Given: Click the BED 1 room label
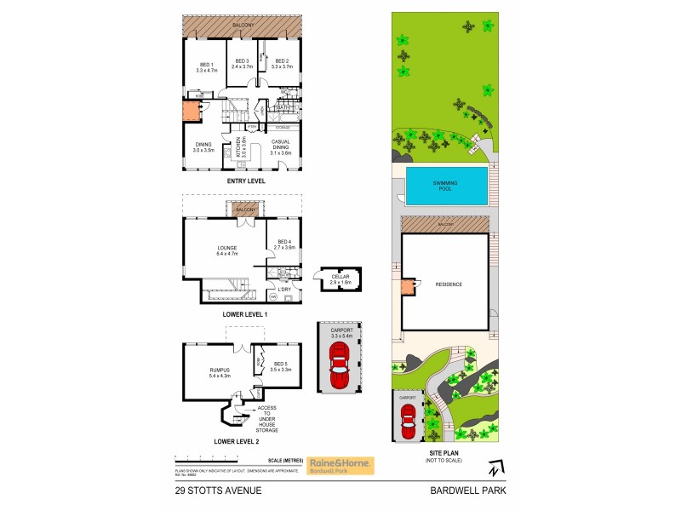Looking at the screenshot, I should coord(205,67).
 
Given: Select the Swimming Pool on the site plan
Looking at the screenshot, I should coord(448,185).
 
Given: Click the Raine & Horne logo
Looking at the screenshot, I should coord(340,465).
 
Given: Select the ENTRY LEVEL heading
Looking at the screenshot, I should coord(245,181).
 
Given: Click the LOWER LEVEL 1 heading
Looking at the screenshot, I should coord(245,314).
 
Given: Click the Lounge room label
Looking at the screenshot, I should coord(226,250).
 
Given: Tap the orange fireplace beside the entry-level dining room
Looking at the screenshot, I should coord(192,113).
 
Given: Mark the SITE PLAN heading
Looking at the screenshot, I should coord(446,453).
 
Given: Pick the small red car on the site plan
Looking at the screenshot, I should coord(408,417).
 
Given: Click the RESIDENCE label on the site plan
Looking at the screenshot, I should coord(449,284).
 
